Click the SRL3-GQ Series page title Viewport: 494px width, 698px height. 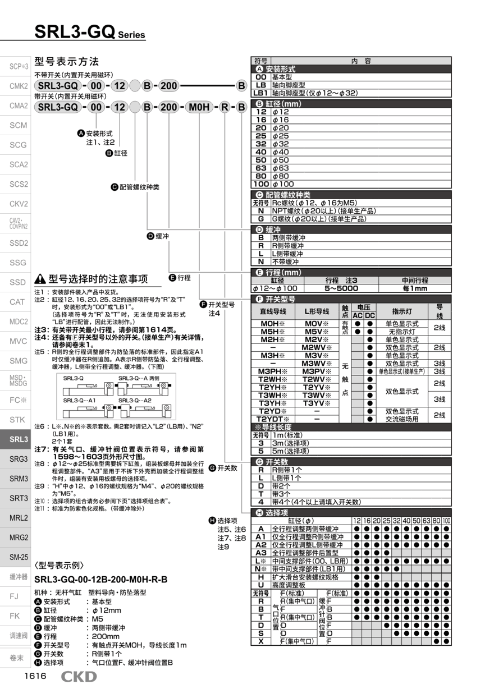pyautogui.click(x=90, y=32)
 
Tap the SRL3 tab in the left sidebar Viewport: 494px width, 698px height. pyautogui.click(x=19, y=439)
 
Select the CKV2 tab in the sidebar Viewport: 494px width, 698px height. pyautogui.click(x=19, y=204)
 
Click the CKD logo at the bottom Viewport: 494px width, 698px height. pyautogui.click(x=79, y=677)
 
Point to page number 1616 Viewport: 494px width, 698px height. pyautogui.click(x=35, y=676)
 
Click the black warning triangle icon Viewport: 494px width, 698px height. pyautogui.click(x=40, y=279)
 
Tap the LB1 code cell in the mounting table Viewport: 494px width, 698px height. pyautogui.click(x=260, y=93)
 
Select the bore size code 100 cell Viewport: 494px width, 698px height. pyautogui.click(x=260, y=183)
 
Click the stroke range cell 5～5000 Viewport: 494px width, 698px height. pyautogui.click(x=341, y=288)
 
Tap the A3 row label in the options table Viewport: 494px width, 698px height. pyautogui.click(x=260, y=553)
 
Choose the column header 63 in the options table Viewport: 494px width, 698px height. pyautogui.click(x=426, y=521)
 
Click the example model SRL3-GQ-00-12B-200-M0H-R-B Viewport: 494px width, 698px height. pyautogui.click(x=101, y=579)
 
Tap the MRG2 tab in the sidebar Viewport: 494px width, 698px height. pyautogui.click(x=19, y=538)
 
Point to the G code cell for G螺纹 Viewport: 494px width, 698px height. pyautogui.click(x=260, y=218)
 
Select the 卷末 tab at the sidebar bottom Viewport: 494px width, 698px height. pyautogui.click(x=17, y=658)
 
